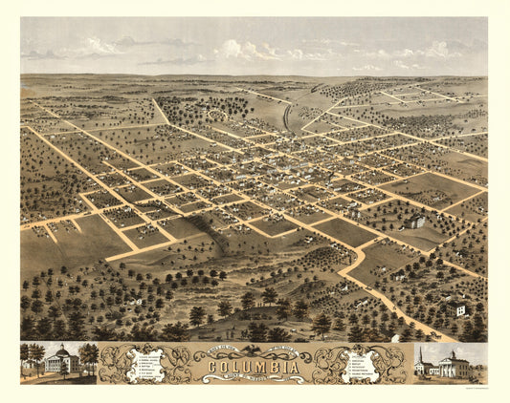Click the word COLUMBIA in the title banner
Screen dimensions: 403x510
[x=254, y=367]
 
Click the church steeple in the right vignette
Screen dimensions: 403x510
[x=418, y=356]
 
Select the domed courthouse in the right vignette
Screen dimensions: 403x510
[x=451, y=364]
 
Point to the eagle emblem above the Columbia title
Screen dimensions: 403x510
[x=254, y=350]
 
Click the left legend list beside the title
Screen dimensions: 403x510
[x=152, y=364]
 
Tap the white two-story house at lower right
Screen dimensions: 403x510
[x=460, y=308]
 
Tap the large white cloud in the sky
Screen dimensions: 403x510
[x=244, y=48]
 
